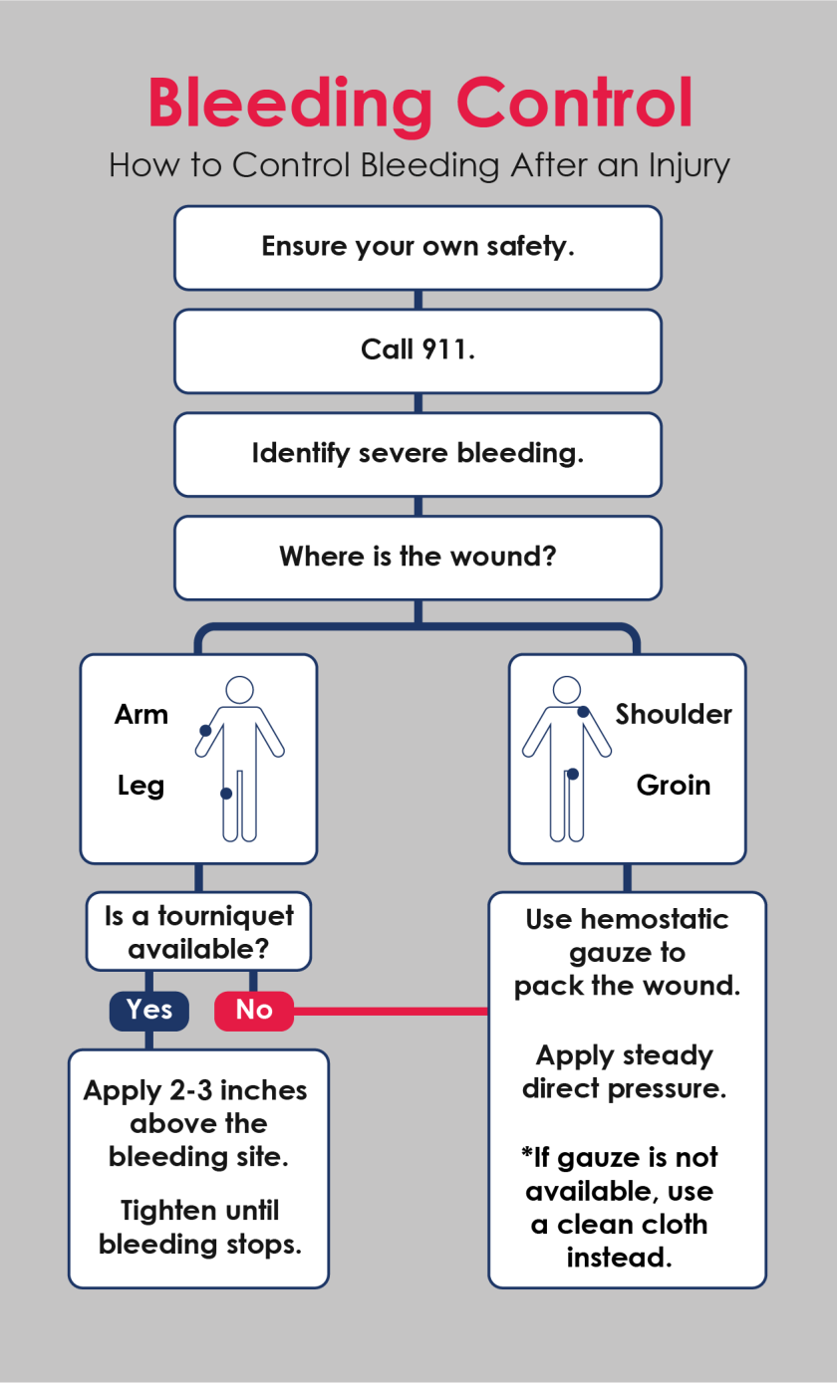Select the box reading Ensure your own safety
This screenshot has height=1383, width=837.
(418, 247)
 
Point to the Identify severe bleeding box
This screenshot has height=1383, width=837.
(418, 454)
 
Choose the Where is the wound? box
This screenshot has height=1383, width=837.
(418, 557)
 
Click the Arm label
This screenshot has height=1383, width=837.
(141, 715)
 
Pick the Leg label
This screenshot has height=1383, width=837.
(140, 786)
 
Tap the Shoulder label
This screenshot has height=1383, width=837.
(674, 715)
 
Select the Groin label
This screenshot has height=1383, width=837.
(674, 786)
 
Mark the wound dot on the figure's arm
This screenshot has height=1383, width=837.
(205, 731)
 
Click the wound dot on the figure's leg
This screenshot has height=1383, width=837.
(226, 794)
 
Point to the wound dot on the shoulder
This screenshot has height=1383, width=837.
(583, 712)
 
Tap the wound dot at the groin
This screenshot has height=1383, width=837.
(572, 774)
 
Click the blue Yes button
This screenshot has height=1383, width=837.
(149, 1011)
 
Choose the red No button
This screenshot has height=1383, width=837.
(254, 1011)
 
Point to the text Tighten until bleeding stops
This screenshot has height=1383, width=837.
(199, 1228)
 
